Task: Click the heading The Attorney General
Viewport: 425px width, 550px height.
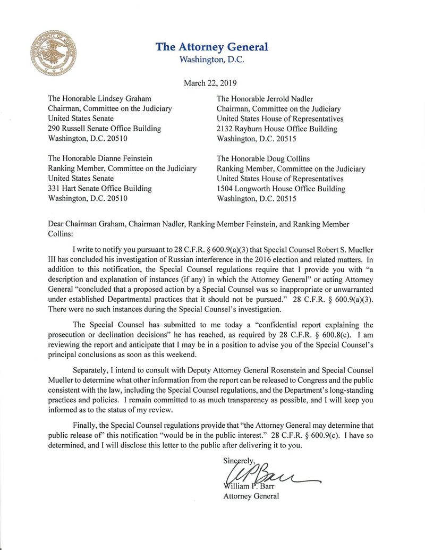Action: pos(212,47)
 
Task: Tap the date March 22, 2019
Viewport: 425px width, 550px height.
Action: pos(210,83)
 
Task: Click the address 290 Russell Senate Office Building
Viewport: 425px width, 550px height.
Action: pos(105,129)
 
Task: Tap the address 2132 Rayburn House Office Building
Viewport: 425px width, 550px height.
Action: pos(277,129)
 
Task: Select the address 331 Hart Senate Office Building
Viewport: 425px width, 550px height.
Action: pos(100,189)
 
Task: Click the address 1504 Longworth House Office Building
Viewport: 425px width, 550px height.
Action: pos(281,189)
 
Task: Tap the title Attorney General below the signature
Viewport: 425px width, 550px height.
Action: pos(250,496)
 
